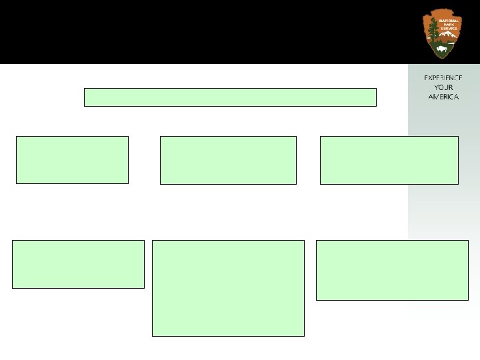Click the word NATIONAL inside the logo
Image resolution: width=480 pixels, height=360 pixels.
click(x=447, y=21)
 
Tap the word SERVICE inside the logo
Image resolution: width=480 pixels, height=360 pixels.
click(x=449, y=30)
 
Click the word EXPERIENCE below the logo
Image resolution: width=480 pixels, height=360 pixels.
click(x=443, y=78)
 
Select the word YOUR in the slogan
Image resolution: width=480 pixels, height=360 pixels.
click(x=443, y=87)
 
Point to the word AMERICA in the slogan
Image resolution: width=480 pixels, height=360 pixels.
click(x=443, y=97)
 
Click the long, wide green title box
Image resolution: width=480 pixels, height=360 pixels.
click(x=230, y=97)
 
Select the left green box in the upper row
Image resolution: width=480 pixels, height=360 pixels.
click(x=72, y=160)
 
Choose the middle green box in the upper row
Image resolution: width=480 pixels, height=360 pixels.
click(x=228, y=160)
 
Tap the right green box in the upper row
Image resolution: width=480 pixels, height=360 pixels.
click(x=389, y=160)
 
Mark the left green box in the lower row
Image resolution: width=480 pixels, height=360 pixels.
click(x=78, y=264)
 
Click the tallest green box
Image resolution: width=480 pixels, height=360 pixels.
click(x=228, y=288)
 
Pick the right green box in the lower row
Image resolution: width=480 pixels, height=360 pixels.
click(x=392, y=270)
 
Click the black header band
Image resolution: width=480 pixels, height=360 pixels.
click(x=200, y=32)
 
